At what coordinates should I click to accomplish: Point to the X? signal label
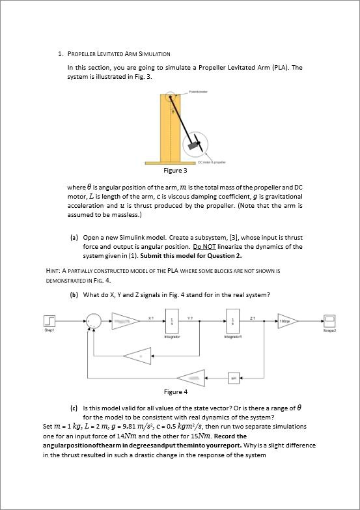(150, 316)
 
